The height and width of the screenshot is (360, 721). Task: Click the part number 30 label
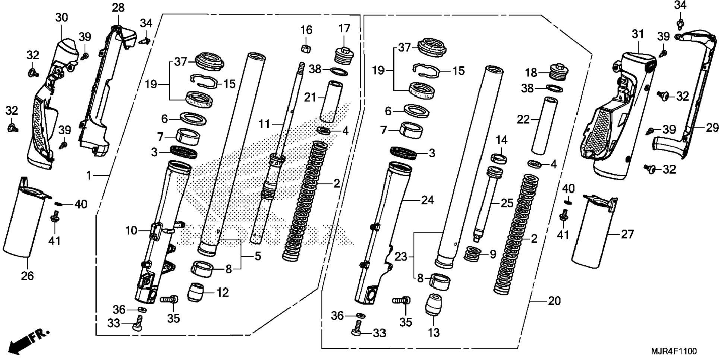tap(62, 18)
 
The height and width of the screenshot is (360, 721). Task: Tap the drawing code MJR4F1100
tap(673, 351)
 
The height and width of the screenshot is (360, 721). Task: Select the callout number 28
tap(118, 7)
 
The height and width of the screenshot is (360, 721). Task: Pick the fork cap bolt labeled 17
tap(343, 56)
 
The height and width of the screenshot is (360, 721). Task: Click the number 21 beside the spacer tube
tap(310, 98)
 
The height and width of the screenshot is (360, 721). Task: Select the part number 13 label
tap(434, 332)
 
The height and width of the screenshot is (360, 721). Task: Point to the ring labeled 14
tap(498, 158)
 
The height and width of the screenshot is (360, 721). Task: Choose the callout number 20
tap(554, 301)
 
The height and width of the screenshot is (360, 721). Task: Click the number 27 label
tap(627, 234)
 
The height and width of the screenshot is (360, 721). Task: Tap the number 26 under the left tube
tap(27, 276)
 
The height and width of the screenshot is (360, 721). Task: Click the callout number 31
tap(638, 34)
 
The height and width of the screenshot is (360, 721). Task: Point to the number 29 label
tap(712, 128)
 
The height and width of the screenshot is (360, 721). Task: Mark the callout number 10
tap(131, 231)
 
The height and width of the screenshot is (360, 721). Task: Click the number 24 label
tap(427, 200)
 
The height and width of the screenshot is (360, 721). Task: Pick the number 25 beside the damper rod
tap(507, 203)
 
